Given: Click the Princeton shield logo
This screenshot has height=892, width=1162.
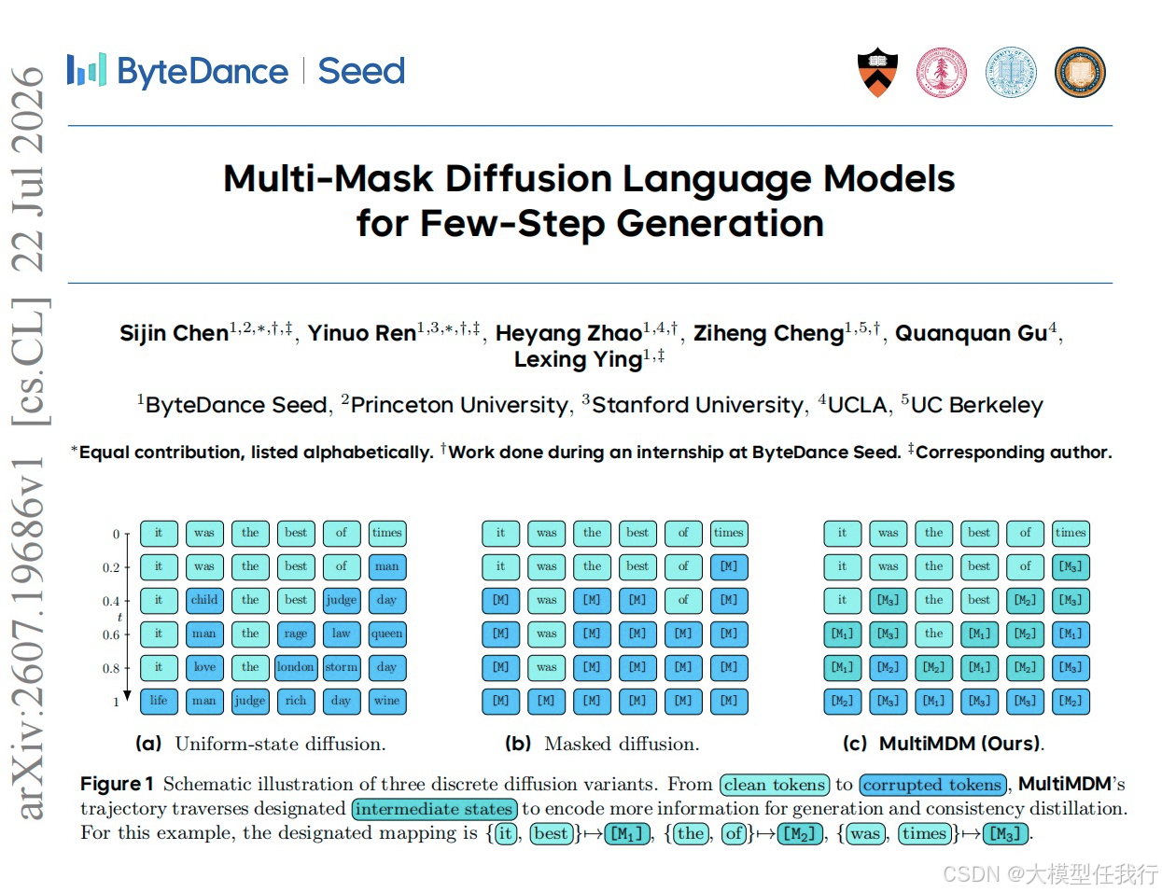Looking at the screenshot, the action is (877, 72).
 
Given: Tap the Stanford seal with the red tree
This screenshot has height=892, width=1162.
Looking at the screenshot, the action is (941, 72).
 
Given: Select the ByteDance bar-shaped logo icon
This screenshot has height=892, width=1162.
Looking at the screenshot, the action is (86, 69).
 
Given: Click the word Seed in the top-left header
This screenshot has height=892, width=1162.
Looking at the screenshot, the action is (361, 71).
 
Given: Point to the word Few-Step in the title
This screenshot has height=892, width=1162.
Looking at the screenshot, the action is (511, 223).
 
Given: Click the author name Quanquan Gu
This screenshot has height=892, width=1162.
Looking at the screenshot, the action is (971, 333).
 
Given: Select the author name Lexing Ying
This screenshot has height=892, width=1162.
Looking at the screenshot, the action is (578, 359).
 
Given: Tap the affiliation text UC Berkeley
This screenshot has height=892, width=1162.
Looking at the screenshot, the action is (976, 405).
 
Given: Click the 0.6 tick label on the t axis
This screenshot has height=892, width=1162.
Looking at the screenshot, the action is (111, 634).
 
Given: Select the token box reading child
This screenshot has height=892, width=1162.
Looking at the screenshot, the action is (204, 600).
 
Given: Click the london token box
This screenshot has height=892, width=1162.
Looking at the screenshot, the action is (295, 667).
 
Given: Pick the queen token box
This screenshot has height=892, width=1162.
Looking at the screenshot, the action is (387, 634).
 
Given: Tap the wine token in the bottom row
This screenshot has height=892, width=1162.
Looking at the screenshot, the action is (387, 702).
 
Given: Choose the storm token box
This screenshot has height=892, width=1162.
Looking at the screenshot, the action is (342, 667).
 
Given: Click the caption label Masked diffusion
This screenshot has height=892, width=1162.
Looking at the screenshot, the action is (622, 744).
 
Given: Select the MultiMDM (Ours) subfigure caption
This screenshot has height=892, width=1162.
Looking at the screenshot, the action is (944, 744).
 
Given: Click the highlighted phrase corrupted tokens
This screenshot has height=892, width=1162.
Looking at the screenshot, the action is (932, 785).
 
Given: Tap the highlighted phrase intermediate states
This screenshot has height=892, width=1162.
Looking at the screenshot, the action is (434, 809).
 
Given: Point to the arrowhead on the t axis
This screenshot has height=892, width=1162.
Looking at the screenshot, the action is (127, 695).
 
